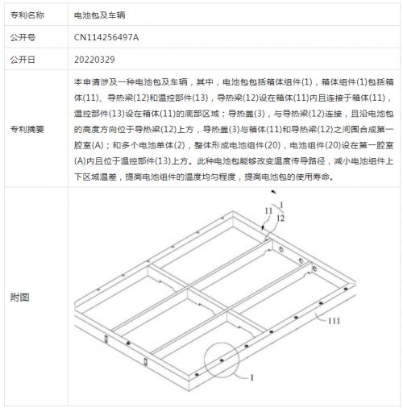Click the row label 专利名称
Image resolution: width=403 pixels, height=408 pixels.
tap(27, 15)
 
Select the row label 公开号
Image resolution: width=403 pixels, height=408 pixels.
tap(23, 37)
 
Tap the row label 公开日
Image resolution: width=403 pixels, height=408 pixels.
tap(23, 60)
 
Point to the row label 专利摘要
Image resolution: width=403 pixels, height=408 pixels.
tap(27, 130)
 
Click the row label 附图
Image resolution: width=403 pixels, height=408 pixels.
tap(19, 298)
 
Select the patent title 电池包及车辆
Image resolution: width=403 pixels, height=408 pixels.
tap(100, 15)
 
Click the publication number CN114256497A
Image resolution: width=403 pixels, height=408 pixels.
tap(106, 37)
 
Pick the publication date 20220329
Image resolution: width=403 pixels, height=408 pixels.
tap(94, 60)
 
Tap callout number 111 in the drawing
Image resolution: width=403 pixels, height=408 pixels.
tap(334, 321)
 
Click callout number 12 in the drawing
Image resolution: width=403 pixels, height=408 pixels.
tap(280, 219)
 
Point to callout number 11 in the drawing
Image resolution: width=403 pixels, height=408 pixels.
tap(268, 211)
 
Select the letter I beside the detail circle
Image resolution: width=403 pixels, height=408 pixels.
tap(252, 378)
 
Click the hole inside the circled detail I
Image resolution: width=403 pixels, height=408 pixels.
tap(222, 360)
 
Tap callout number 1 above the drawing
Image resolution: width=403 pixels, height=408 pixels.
tap(281, 206)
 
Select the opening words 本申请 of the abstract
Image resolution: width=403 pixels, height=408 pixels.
tap(87, 82)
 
